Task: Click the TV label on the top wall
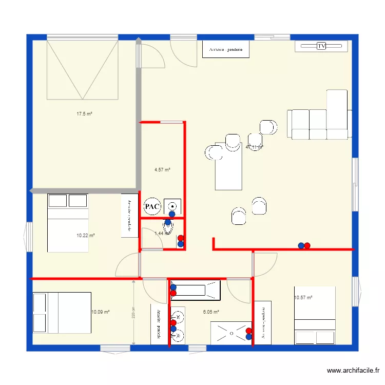click(321, 46)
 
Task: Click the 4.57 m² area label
click(162, 170)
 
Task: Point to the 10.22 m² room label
click(86, 236)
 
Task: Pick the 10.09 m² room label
click(101, 312)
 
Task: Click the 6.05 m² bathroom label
click(211, 312)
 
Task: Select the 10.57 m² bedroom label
click(303, 297)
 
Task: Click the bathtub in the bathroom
click(196, 290)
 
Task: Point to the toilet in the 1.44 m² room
click(168, 224)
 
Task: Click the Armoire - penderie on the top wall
click(226, 49)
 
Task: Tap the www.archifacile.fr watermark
click(354, 371)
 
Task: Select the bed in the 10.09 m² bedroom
click(62, 313)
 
